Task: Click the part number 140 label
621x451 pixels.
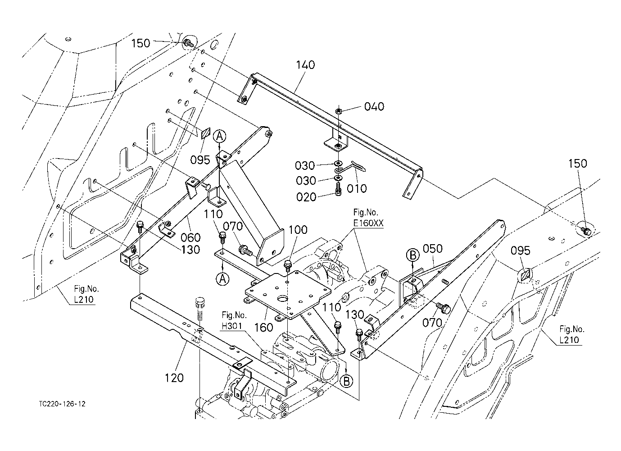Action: pyautogui.click(x=306, y=65)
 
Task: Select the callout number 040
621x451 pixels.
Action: pyautogui.click(x=374, y=107)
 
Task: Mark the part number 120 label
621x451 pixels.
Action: pyautogui.click(x=174, y=378)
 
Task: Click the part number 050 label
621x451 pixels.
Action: pyautogui.click(x=432, y=249)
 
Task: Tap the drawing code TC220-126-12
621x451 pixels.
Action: pyautogui.click(x=62, y=404)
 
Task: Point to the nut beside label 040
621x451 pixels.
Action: pyautogui.click(x=339, y=111)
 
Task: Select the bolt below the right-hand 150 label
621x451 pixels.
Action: pyautogui.click(x=586, y=231)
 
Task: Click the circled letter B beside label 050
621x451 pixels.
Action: pyautogui.click(x=412, y=255)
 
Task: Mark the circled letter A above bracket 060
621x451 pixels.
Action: pyautogui.click(x=219, y=135)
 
